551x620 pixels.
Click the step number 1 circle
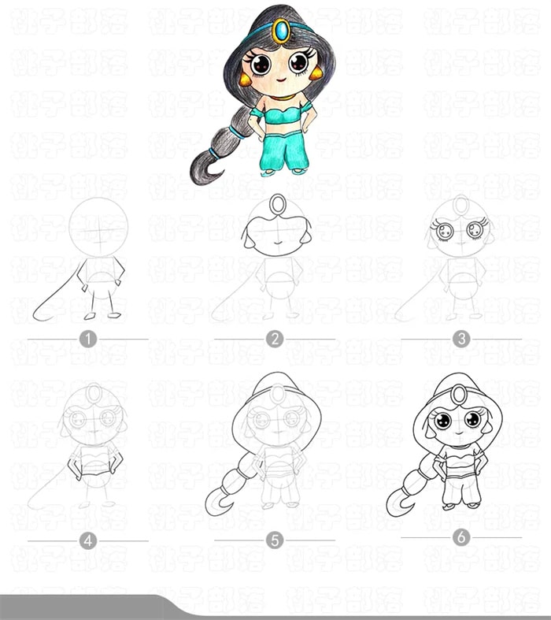[87, 340]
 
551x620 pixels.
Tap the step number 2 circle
[274, 340]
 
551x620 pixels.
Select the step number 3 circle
[461, 340]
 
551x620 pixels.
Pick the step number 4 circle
[87, 540]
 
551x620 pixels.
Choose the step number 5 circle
[274, 540]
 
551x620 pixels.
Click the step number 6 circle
[461, 537]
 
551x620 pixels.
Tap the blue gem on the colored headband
[281, 32]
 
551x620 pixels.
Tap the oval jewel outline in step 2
[276, 205]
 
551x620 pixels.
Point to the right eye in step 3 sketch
[475, 230]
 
